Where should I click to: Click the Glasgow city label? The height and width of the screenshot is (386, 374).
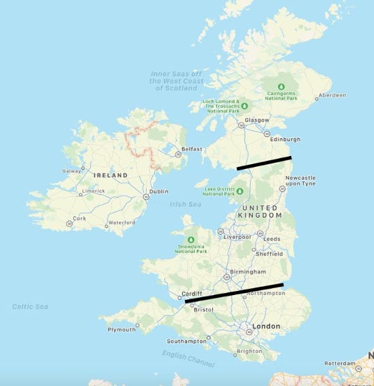tap(257, 119)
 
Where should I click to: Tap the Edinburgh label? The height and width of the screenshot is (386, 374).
tap(286, 140)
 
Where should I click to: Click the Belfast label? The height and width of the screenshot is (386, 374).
tap(192, 149)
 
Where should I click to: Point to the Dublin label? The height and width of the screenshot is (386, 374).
tap(158, 191)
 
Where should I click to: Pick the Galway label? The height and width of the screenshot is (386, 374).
tap(71, 171)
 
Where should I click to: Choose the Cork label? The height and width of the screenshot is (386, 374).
tap(80, 218)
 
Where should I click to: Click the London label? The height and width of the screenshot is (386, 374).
tap(266, 326)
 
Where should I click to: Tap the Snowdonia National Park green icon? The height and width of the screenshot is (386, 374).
tap(191, 239)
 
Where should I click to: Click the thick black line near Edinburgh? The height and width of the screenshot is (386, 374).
tap(264, 163)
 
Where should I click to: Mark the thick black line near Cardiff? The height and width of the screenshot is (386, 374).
tap(235, 292)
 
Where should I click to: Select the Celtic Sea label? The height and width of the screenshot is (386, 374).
tap(31, 307)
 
